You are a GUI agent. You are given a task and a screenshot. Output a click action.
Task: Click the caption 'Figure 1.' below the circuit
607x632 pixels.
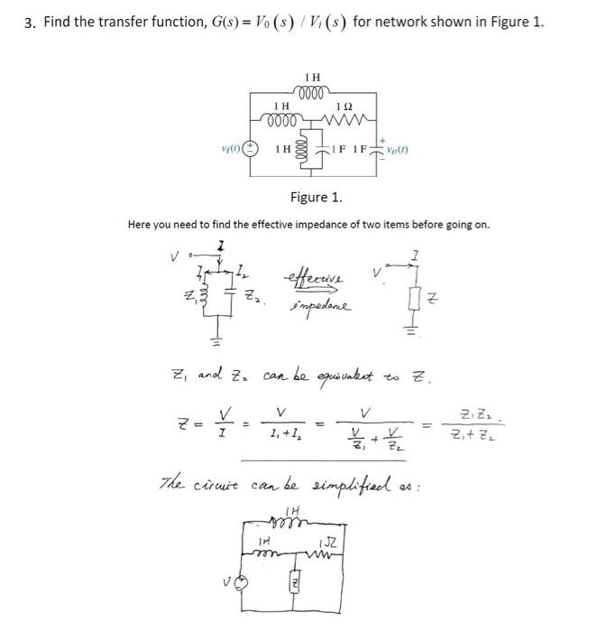(316, 196)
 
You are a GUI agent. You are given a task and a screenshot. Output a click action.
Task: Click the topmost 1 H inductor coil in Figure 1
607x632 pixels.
(315, 93)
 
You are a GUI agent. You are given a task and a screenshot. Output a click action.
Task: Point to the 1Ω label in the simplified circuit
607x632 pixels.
(328, 544)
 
